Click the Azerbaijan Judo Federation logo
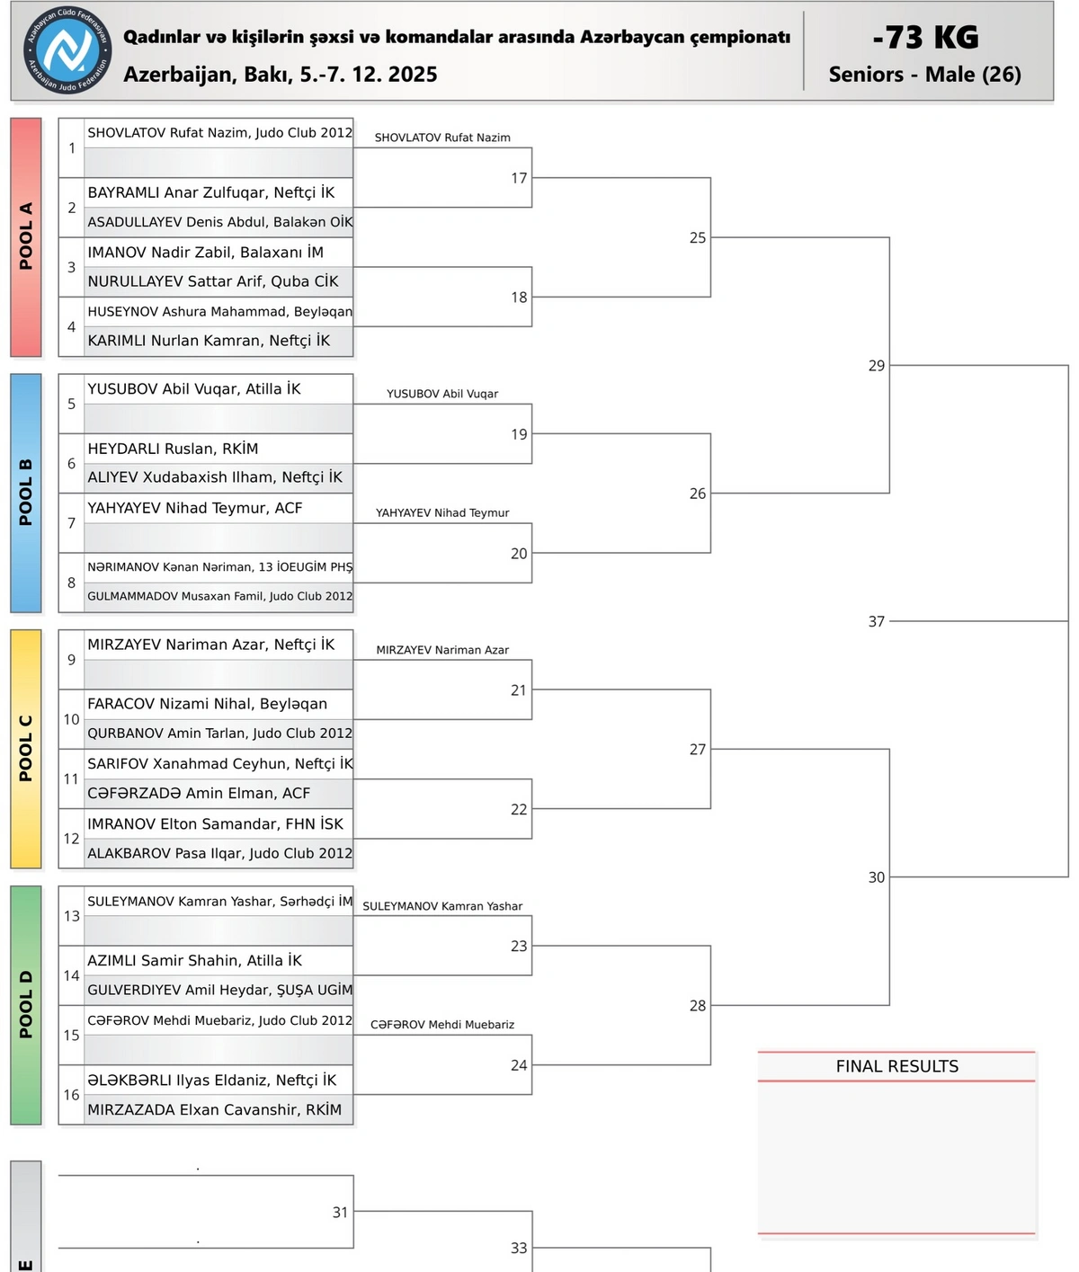[68, 50]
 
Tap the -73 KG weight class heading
[925, 37]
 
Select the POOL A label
[26, 236]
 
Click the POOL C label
[26, 748]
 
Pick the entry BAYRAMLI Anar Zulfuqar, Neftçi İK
[211, 192]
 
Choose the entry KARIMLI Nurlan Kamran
[209, 341]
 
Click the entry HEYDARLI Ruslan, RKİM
[173, 449]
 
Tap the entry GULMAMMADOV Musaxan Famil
[219, 596]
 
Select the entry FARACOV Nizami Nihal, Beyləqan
[207, 704]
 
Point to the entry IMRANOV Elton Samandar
[215, 823]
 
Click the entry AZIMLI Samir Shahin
[194, 960]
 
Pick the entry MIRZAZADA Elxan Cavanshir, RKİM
[214, 1109]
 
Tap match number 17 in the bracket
[519, 178]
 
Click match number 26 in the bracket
[698, 494]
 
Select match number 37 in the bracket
[877, 621]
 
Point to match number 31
[340, 1212]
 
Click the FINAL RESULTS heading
[896, 1066]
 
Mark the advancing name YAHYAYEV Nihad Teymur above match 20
[442, 513]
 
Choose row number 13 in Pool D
[72, 915]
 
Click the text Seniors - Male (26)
[924, 75]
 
